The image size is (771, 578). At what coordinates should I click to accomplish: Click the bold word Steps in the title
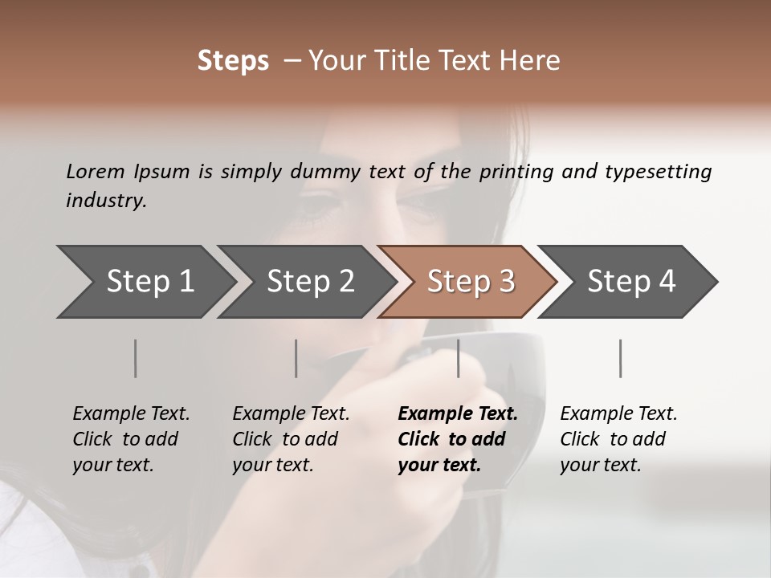[x=233, y=61]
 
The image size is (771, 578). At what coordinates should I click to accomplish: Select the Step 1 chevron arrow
[x=145, y=282]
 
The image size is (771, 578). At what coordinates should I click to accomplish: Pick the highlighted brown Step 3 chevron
[x=469, y=282]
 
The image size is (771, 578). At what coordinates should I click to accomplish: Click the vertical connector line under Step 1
[x=136, y=358]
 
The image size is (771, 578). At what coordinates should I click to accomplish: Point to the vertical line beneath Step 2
[x=296, y=358]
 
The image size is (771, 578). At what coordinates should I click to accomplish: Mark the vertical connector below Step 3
[x=458, y=358]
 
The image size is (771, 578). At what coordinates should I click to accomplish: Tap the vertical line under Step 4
[x=620, y=358]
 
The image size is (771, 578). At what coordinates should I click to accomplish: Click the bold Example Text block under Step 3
[x=457, y=439]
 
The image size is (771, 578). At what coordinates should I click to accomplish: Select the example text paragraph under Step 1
[x=131, y=439]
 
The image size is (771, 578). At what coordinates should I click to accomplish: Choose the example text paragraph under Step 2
[x=291, y=439]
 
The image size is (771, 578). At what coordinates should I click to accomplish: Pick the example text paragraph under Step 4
[x=618, y=439]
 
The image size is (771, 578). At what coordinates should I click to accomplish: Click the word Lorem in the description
[x=96, y=172]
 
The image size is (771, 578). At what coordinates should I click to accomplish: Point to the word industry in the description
[x=105, y=201]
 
